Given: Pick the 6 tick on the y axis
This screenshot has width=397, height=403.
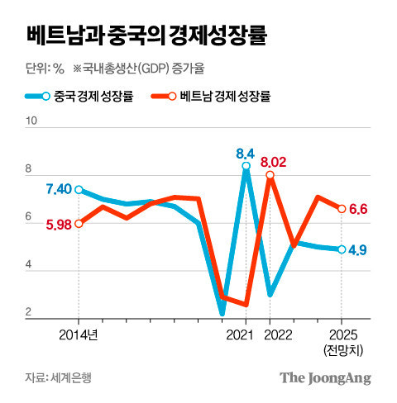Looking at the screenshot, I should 31,217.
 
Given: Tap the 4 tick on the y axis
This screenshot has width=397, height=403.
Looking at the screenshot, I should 31,265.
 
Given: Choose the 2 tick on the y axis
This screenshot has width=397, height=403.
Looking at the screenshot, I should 31,312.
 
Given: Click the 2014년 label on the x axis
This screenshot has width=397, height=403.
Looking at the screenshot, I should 79,336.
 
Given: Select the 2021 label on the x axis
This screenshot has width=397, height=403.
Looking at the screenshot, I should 240,336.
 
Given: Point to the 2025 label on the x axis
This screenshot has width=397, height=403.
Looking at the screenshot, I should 342,336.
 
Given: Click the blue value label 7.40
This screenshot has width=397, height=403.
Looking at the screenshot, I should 58,190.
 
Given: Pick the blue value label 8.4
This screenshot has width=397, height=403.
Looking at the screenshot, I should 245,153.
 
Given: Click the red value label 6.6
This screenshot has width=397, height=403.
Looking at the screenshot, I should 358,209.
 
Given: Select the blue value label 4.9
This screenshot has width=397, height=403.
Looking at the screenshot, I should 358,249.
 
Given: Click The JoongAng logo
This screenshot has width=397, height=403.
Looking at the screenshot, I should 324,377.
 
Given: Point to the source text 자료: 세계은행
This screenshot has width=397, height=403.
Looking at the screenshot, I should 60,378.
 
